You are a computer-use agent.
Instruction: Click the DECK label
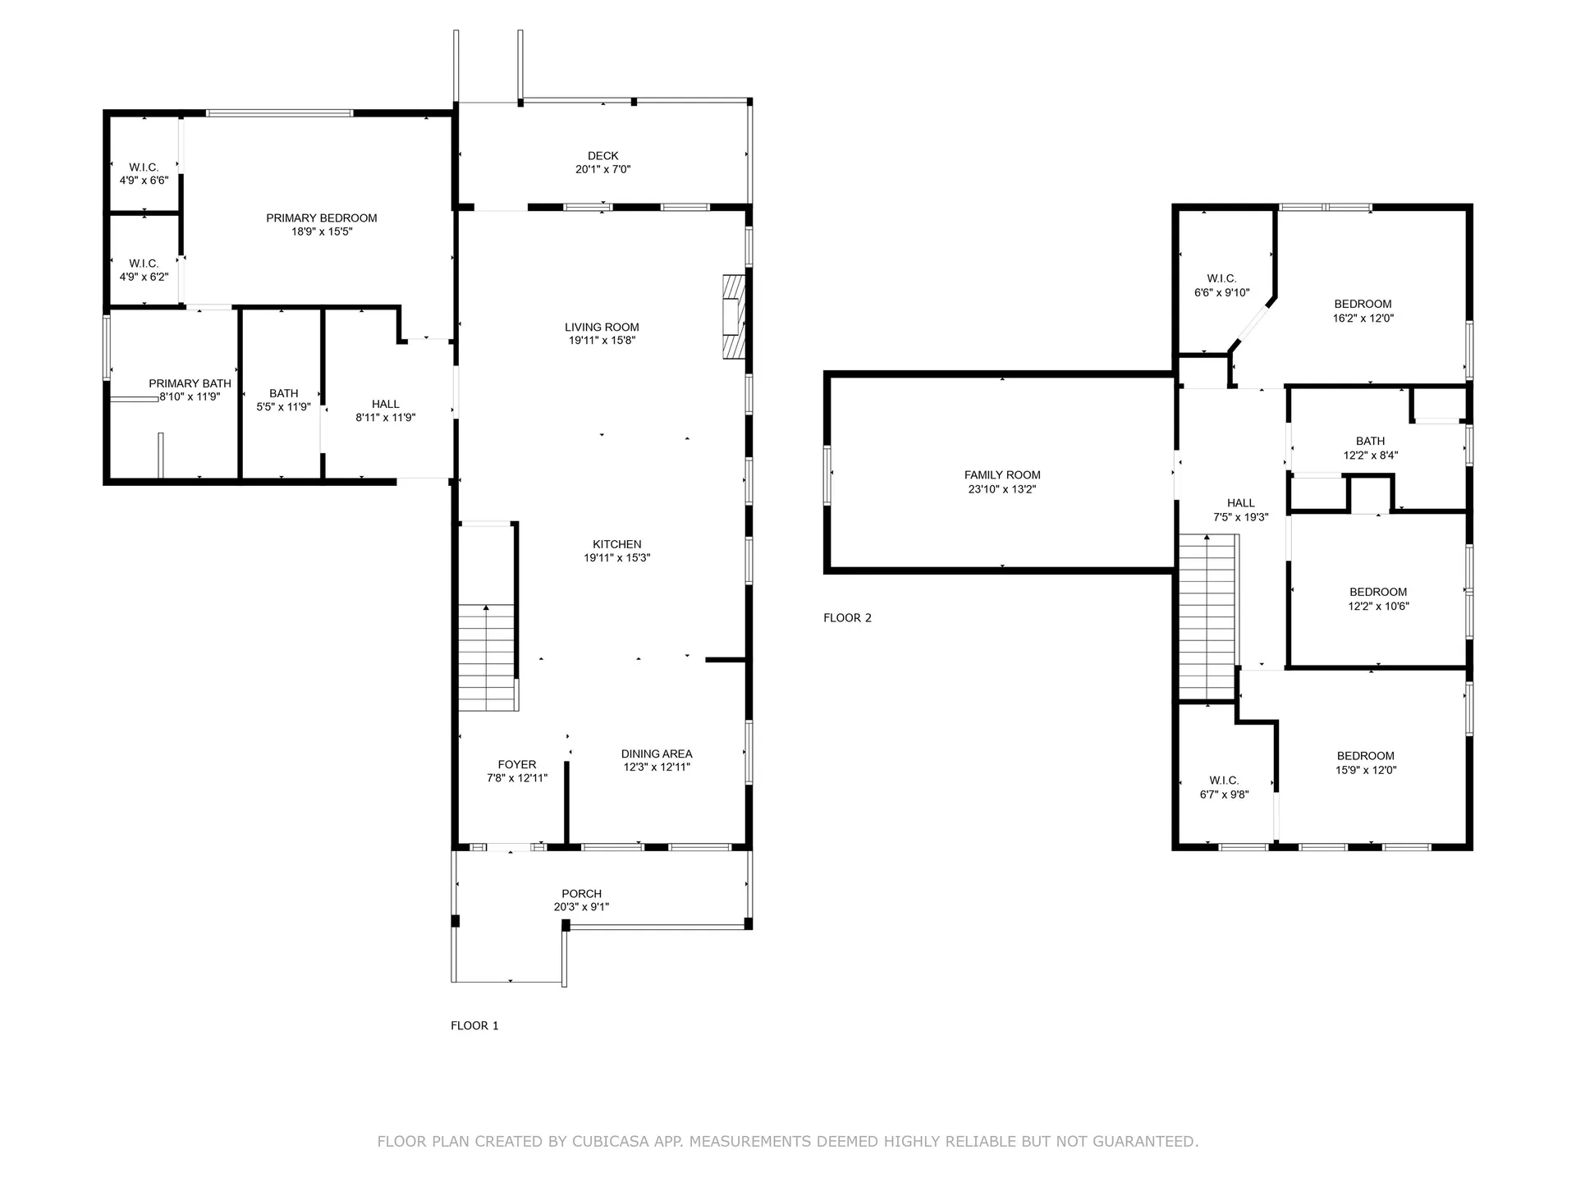(602, 156)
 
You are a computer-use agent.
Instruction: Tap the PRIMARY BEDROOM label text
(322, 218)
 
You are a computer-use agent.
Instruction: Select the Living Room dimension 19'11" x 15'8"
(602, 341)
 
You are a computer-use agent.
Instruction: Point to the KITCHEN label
(617, 544)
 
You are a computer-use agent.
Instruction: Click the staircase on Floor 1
(488, 657)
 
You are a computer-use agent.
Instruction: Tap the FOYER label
(517, 765)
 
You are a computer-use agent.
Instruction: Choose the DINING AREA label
(657, 754)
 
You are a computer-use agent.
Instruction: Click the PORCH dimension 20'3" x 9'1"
(581, 908)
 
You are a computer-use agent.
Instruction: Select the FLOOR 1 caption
(474, 1026)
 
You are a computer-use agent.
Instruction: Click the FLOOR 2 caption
(847, 618)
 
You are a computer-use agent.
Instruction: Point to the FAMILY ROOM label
(1002, 475)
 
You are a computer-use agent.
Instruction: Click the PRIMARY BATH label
(190, 384)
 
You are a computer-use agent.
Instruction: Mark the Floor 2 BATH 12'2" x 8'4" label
(1370, 448)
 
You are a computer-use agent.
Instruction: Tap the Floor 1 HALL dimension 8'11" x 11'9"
(386, 418)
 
